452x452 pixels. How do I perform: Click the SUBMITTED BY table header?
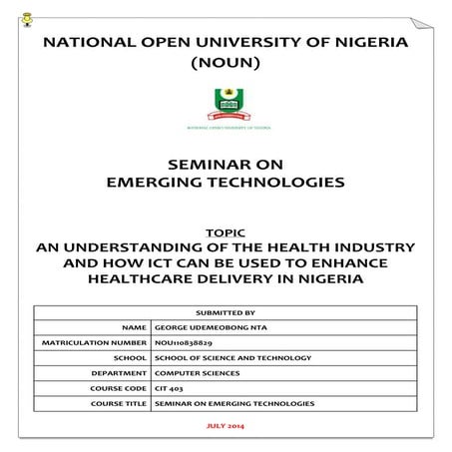(x=226, y=311)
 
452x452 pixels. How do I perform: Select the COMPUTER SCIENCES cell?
(x=196, y=373)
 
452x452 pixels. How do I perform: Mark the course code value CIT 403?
(x=167, y=388)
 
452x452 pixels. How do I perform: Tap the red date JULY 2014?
(x=226, y=427)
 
